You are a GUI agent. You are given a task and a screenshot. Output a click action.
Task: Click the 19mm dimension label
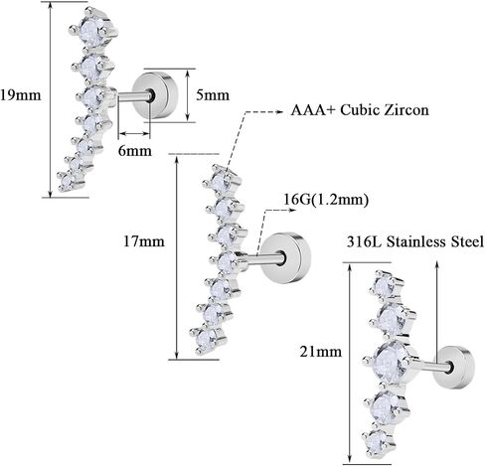pyautogui.click(x=21, y=95)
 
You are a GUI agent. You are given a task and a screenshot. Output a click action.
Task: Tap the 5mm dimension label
pyautogui.click(x=213, y=95)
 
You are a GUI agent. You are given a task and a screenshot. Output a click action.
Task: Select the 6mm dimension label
pyautogui.click(x=135, y=151)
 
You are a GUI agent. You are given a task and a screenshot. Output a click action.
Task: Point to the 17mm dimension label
pyautogui.click(x=144, y=240)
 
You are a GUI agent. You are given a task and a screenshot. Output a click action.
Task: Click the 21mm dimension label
pyautogui.click(x=320, y=351)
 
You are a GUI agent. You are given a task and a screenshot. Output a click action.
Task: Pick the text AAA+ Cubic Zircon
pyautogui.click(x=360, y=110)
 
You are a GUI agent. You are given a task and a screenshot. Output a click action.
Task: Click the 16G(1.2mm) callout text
pyautogui.click(x=326, y=200)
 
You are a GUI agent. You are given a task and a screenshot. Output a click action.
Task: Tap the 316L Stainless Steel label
pyautogui.click(x=415, y=241)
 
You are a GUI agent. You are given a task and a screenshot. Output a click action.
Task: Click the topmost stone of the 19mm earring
pyautogui.click(x=91, y=29)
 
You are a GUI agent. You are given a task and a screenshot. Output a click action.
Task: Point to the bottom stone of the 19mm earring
pyautogui.click(x=68, y=182)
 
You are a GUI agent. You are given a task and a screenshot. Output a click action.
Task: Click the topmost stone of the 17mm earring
pyautogui.click(x=219, y=181)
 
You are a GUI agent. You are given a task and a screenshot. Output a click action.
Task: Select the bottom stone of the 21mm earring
pyautogui.click(x=376, y=441)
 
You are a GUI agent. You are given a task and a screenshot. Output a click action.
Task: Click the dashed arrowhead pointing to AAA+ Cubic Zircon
pyautogui.click(x=279, y=111)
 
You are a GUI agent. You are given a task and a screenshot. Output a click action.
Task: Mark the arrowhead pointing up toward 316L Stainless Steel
pyautogui.click(x=437, y=265)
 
